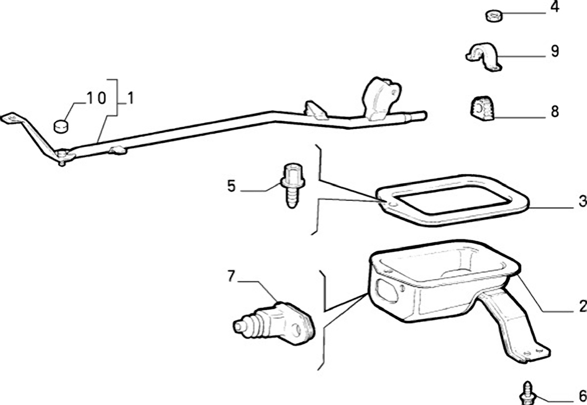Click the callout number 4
(554, 8)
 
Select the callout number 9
(554, 52)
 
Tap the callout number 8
(554, 111)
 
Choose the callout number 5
(231, 186)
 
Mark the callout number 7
(231, 277)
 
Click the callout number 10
(97, 98)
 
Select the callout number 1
(131, 98)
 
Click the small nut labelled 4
(493, 15)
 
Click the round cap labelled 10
(61, 124)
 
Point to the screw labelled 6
(526, 394)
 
